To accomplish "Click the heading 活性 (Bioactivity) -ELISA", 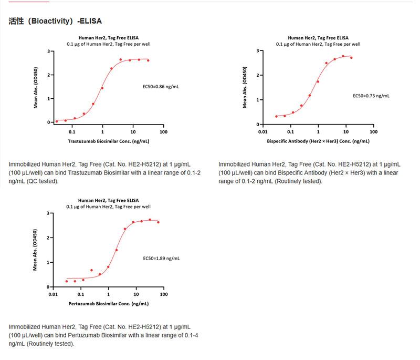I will tap(55, 21).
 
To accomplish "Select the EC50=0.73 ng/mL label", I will tap(371, 96).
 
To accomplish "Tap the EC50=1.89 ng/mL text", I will tap(161, 258).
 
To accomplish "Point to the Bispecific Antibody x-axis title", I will tap(318, 141).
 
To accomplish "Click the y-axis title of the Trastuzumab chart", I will tap(36, 87).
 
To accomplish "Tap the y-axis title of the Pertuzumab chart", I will tap(36, 250).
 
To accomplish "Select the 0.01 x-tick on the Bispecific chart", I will tap(262, 133).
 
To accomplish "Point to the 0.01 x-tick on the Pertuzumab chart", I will tap(53, 294).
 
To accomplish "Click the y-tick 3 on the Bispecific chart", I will tap(258, 50).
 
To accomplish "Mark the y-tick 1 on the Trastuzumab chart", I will tap(49, 99).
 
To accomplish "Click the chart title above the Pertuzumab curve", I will tap(109, 200).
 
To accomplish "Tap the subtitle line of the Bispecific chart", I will tap(318, 44).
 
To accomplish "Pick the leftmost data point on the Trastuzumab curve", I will tap(57, 121).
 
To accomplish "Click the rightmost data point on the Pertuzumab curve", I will tap(158, 222).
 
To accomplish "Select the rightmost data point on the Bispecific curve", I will tap(351, 58).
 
